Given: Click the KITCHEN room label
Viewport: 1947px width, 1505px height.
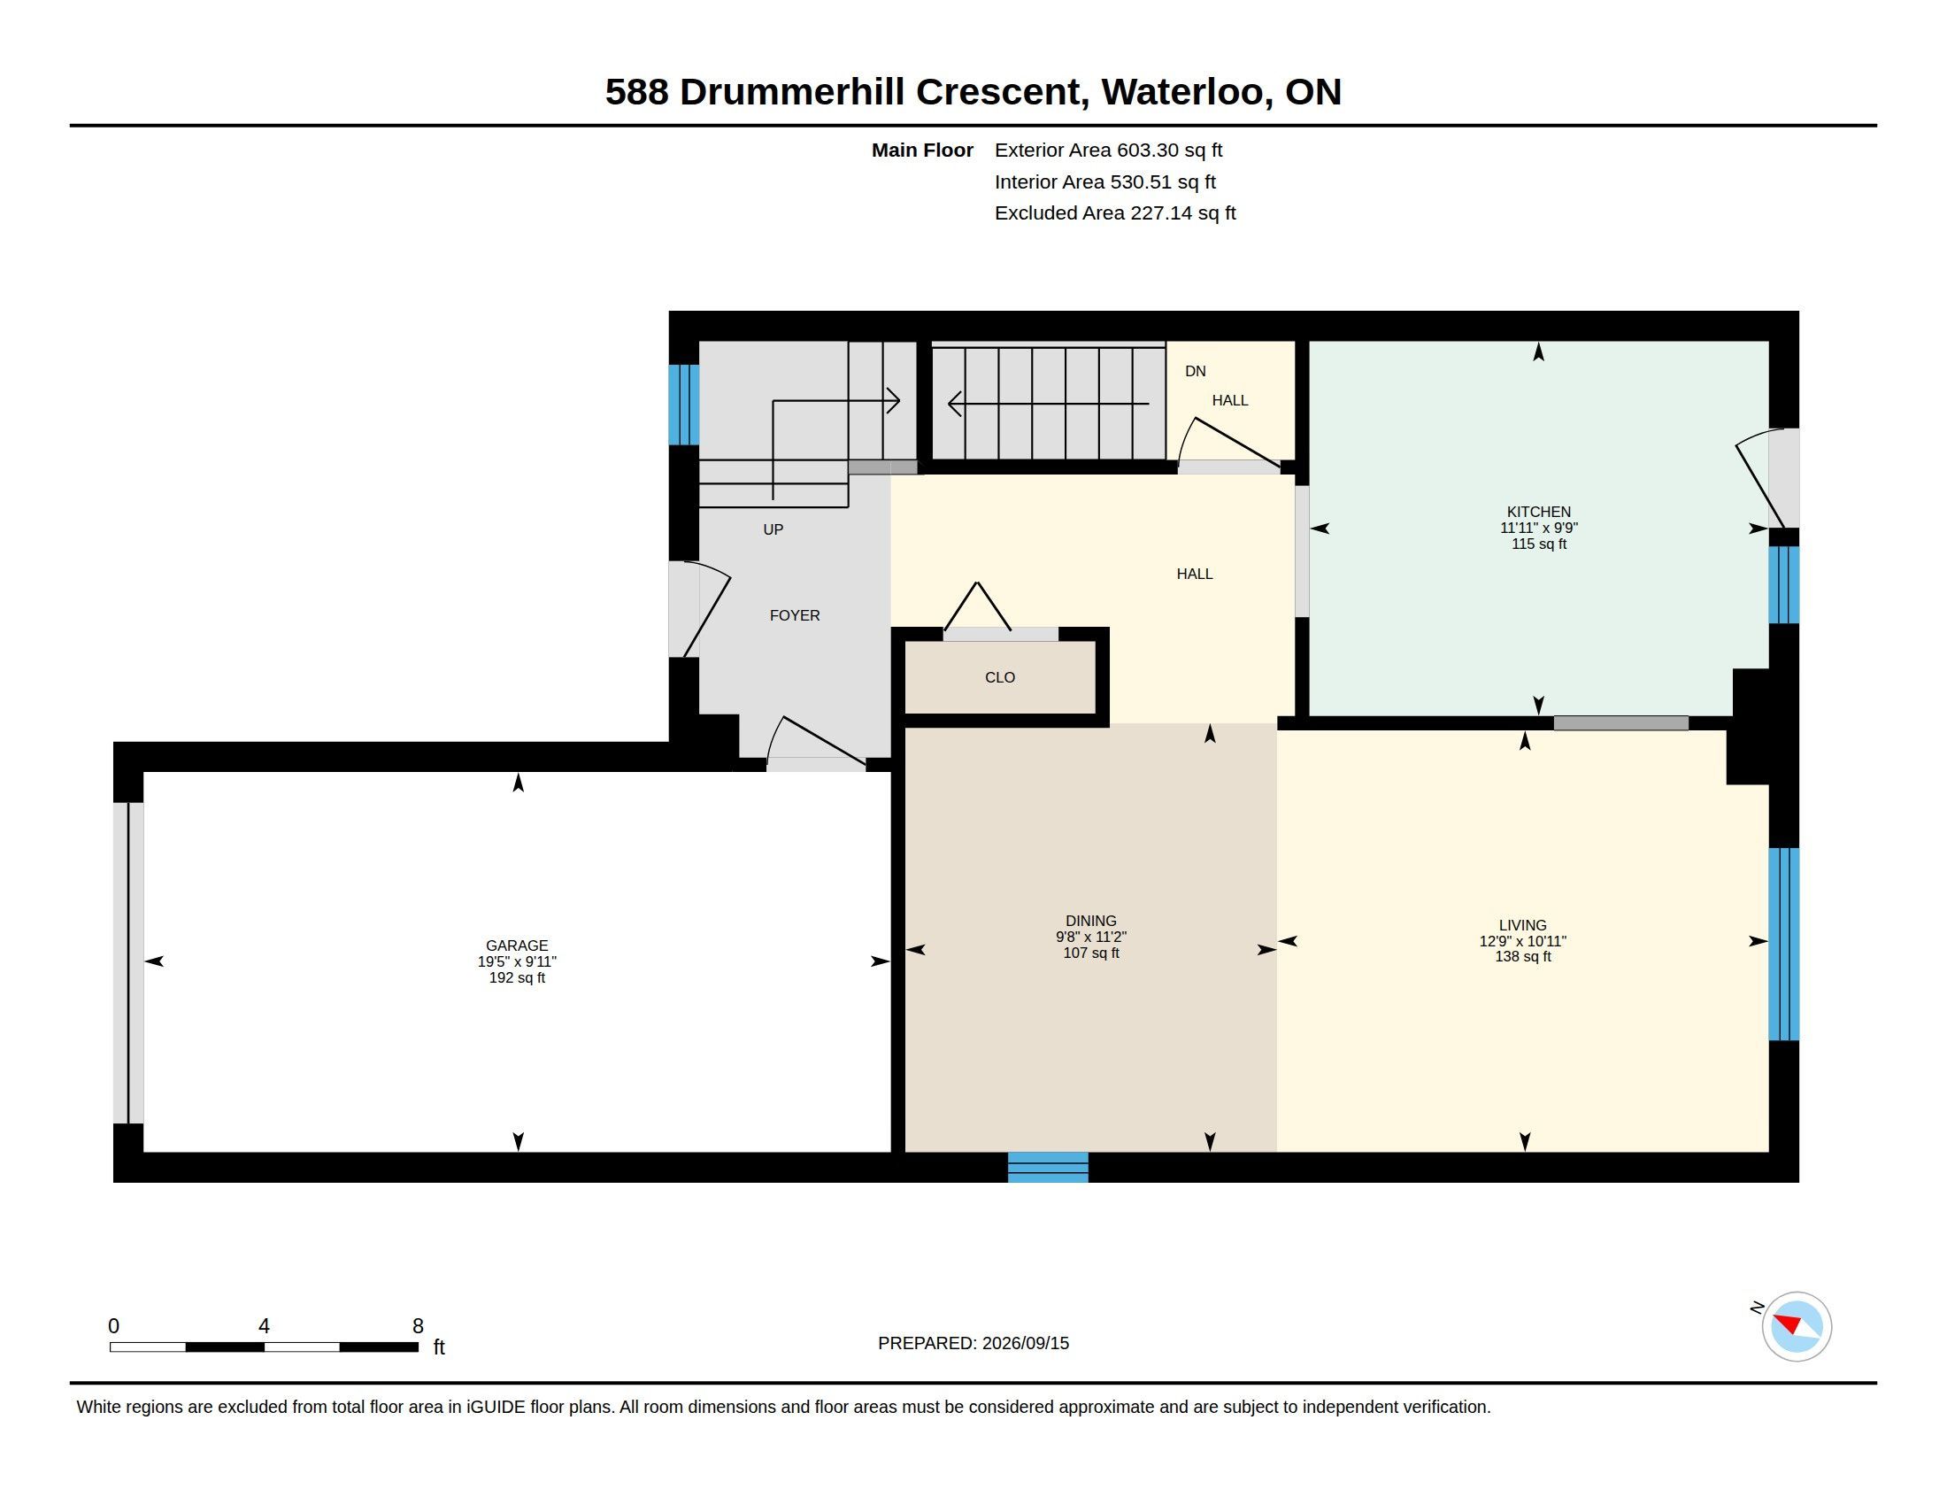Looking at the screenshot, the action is pyautogui.click(x=1538, y=512).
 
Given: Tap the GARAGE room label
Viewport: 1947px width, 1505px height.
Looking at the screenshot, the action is pyautogui.click(x=517, y=945).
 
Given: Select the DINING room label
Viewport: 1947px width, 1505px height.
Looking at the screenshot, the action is pyautogui.click(x=1091, y=921).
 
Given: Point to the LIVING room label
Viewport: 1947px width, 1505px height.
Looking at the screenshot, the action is pyautogui.click(x=1523, y=925).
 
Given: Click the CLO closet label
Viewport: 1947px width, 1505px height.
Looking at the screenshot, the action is pyautogui.click(x=1000, y=677).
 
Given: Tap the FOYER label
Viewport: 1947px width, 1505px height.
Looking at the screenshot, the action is pyautogui.click(x=796, y=615).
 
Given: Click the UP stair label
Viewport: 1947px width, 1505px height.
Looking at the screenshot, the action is pyautogui.click(x=773, y=529).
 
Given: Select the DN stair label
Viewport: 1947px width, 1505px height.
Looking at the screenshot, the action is pyautogui.click(x=1196, y=371).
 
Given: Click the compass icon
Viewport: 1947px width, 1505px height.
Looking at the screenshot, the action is pyautogui.click(x=1797, y=1326).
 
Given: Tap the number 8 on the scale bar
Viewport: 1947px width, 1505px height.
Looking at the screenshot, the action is pyautogui.click(x=418, y=1326).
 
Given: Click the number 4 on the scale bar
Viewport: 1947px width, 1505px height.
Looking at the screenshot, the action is pyautogui.click(x=264, y=1326).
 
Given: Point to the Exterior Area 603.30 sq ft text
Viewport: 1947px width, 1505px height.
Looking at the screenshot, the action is pyautogui.click(x=1108, y=150).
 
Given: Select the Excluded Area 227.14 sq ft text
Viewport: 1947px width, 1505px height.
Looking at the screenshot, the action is pyautogui.click(x=1115, y=213).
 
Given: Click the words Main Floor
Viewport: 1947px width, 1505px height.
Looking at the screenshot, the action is pyautogui.click(x=922, y=150).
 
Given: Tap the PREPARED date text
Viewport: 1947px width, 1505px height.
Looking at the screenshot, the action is pyautogui.click(x=973, y=1343).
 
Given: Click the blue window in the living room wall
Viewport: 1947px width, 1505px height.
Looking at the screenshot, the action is pyautogui.click(x=1784, y=945).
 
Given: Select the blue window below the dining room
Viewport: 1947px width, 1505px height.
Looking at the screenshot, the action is pyautogui.click(x=1048, y=1167).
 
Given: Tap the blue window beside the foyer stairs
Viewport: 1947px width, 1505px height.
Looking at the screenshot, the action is pyautogui.click(x=684, y=404).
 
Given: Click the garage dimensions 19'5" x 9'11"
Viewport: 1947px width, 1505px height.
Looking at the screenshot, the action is pyautogui.click(x=517, y=962).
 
